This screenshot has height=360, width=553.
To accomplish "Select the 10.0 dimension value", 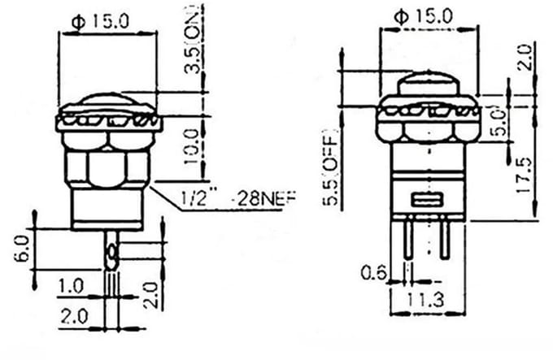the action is [x=192, y=146].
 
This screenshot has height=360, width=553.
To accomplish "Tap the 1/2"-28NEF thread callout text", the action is [x=238, y=198].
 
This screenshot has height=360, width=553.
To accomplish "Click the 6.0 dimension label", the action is [x=21, y=249].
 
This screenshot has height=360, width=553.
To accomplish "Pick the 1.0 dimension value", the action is [x=71, y=286].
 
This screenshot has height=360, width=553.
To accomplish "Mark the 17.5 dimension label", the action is [x=525, y=175].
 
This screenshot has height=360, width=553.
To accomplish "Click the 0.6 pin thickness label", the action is [x=374, y=273].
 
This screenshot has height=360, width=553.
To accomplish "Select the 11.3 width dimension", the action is [x=426, y=301].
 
